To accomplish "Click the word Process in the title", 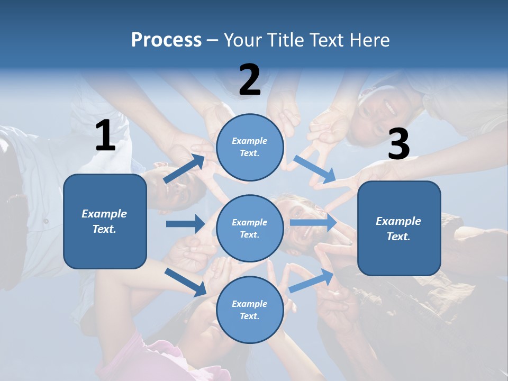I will pos(166,40).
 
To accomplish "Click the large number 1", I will pos(105,136).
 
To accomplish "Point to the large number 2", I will pos(250,80).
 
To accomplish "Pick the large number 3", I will pos(398,144).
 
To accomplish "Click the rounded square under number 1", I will pos(105,221).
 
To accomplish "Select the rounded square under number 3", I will pos(399,228).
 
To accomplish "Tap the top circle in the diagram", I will pos(250,147).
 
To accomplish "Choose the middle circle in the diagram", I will pos(250,228).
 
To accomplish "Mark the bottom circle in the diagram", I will pos(250,310).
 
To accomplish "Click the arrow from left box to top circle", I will pos(185,169).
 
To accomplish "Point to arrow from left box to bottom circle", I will pos(186,282).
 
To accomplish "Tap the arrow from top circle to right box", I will pos(315,170).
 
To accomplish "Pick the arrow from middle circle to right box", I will pos(313,222).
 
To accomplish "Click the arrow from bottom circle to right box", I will pos(312,280).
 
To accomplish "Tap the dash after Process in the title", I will pos(212,40).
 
